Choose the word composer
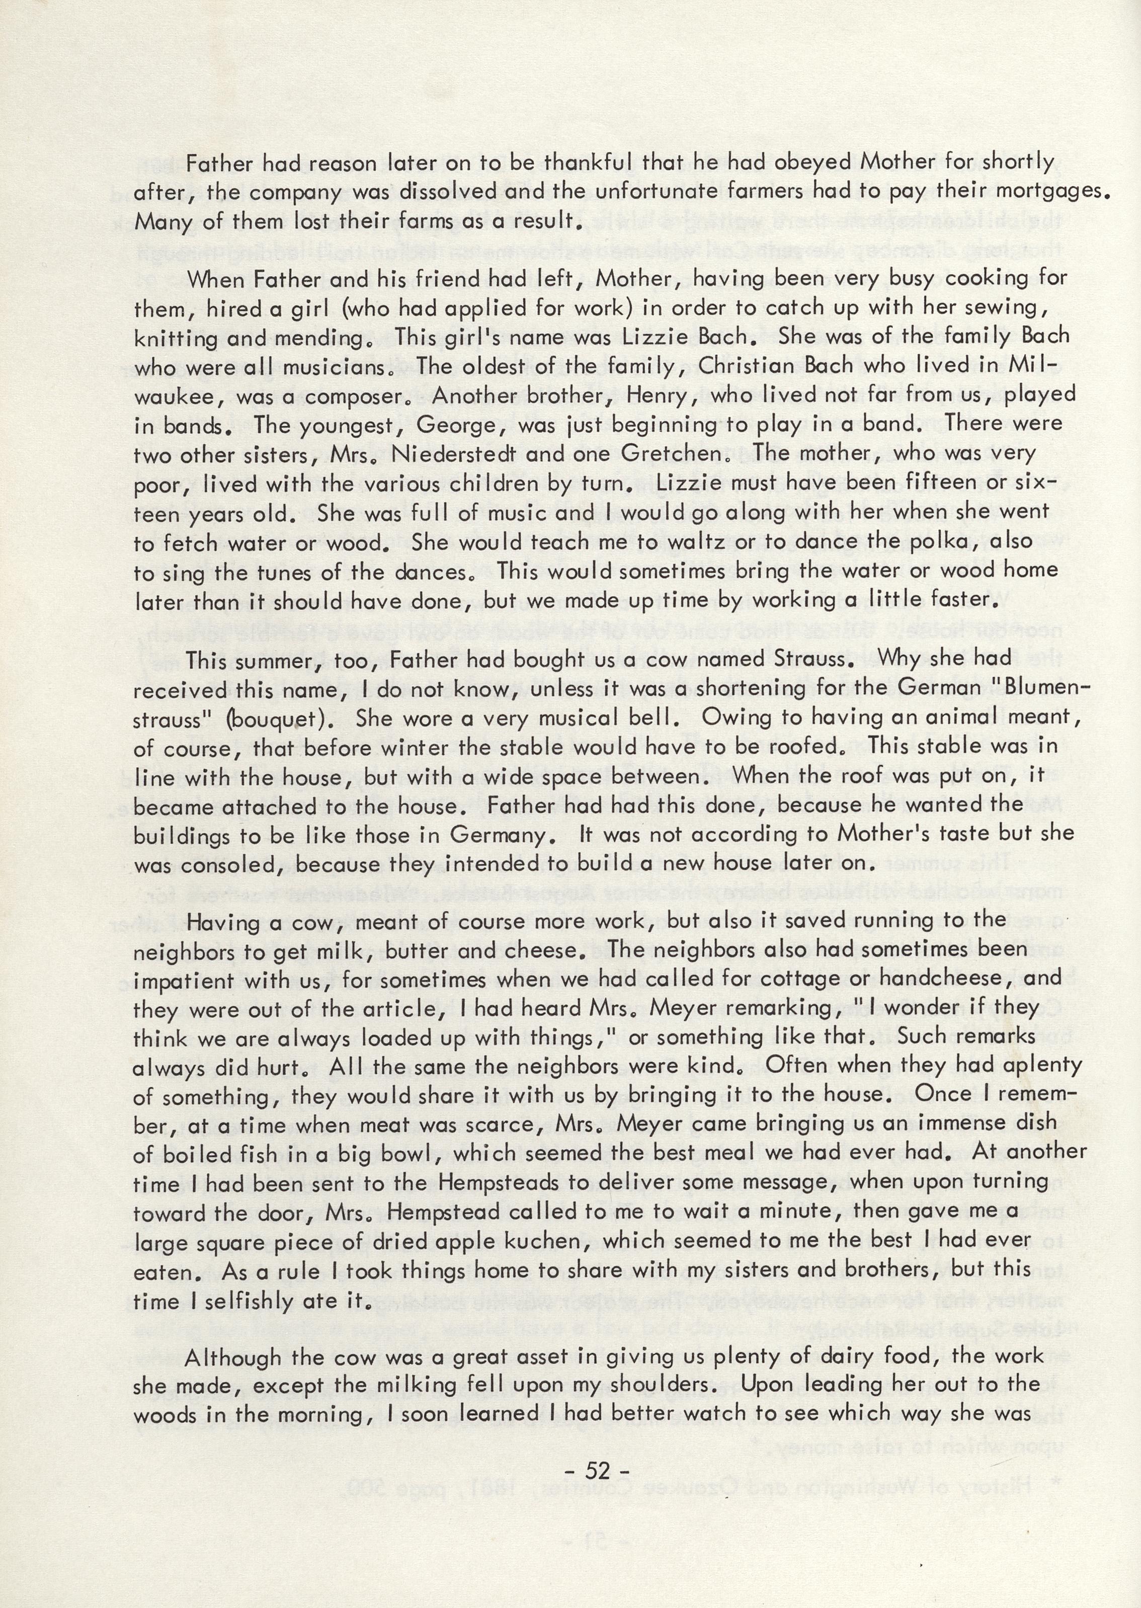(363, 396)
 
